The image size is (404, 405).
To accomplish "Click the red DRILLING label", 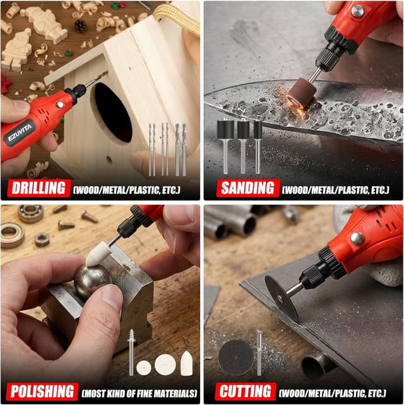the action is [x=39, y=188].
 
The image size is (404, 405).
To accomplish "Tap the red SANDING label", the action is [x=247, y=188].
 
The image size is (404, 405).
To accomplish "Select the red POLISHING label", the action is [x=42, y=392].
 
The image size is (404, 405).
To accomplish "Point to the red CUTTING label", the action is [x=246, y=392].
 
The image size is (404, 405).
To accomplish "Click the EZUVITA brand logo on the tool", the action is [x=20, y=132].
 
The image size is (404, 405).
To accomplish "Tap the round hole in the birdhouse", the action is [x=113, y=113].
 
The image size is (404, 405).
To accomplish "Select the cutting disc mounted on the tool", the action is [x=282, y=298].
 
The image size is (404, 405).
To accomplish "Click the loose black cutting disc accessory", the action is [x=235, y=358].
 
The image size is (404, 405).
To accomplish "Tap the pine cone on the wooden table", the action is [x=80, y=26].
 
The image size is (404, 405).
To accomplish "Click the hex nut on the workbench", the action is [x=42, y=240].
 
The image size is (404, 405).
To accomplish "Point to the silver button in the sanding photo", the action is [x=357, y=11].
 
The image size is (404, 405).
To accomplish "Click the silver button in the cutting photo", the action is [x=357, y=238].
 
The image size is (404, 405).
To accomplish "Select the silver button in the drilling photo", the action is [x=60, y=105].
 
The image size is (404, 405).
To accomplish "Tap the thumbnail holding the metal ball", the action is [x=112, y=296].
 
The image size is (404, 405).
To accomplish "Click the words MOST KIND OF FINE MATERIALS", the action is [x=140, y=394].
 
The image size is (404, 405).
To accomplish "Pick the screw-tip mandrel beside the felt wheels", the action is [x=131, y=352].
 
